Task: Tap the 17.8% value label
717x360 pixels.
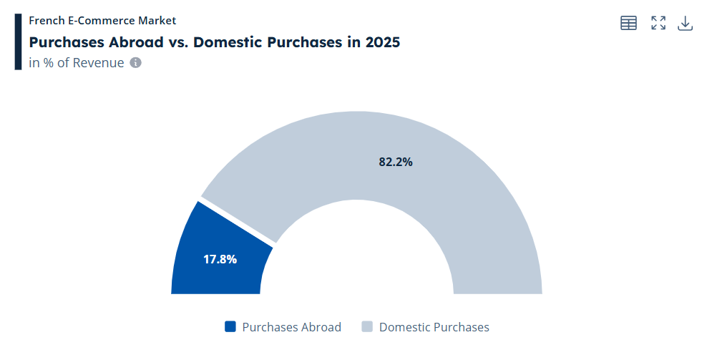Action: [220, 259]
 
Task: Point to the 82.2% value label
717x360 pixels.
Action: [396, 162]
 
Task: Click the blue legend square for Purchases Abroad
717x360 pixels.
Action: [230, 326]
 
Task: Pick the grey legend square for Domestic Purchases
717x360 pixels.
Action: [367, 326]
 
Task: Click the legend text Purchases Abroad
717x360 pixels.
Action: [291, 327]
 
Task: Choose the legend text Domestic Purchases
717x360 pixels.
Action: [434, 327]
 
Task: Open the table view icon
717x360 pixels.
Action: [628, 23]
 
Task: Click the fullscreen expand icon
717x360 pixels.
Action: [658, 23]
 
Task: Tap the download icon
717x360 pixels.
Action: [685, 23]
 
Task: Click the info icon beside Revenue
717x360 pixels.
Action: [136, 62]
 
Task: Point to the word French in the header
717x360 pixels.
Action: [47, 20]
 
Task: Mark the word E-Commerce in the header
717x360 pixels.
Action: [104, 20]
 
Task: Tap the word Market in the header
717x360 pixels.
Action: [159, 20]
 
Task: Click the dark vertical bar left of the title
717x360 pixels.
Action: [18, 42]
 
